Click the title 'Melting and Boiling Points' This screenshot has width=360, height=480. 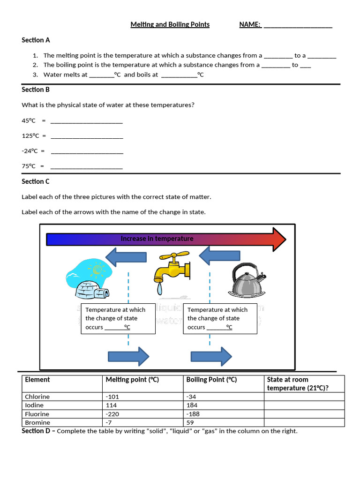tap(170, 24)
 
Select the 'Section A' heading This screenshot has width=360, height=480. tap(36, 40)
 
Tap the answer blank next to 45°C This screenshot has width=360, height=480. tap(86, 121)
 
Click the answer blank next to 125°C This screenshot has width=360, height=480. tap(87, 136)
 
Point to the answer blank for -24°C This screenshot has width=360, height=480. tap(87, 152)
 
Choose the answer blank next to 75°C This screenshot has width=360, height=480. tap(86, 167)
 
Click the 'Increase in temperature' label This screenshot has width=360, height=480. tap(157, 239)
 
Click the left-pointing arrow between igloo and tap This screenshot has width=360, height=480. tap(126, 257)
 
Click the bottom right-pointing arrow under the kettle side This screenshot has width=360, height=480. tap(211, 357)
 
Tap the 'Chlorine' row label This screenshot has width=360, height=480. tap(37, 397)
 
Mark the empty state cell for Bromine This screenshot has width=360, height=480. tap(304, 422)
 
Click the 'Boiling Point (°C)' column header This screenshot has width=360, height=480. tap(211, 380)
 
